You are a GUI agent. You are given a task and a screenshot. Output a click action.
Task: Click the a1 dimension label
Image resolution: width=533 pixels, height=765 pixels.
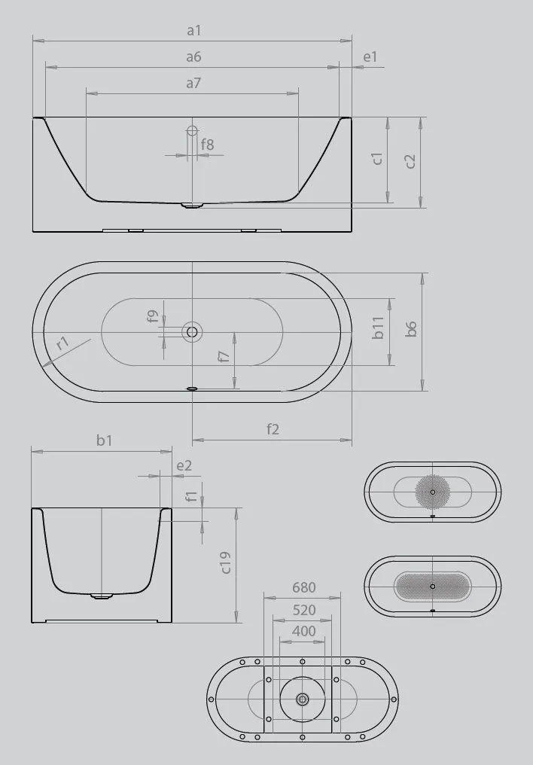193,31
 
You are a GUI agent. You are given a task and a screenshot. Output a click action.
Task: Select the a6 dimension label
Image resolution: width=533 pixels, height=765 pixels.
193,57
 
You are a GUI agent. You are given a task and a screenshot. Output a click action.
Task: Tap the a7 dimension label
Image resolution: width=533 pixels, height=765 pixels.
193,84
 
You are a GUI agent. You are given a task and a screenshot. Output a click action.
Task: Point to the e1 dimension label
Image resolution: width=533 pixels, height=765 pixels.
370,57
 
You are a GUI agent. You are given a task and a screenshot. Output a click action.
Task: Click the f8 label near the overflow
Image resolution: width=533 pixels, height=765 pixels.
206,144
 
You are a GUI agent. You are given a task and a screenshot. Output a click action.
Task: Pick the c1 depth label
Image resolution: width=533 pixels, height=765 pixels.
378,159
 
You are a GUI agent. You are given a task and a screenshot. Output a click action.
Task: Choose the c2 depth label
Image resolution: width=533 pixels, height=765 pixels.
410,161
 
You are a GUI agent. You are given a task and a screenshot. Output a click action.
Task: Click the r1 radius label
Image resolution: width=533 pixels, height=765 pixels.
63,343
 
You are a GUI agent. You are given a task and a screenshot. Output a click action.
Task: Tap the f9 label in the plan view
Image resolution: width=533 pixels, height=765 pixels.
152,318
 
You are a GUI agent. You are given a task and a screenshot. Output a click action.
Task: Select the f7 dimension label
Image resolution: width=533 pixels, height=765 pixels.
224,356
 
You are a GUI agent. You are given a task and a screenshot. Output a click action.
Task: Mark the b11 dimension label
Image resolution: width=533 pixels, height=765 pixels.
379,327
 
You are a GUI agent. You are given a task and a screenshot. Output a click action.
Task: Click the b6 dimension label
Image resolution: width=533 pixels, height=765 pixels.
411,328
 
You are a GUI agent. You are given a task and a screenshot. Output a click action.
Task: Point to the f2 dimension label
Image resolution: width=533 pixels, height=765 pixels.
273,429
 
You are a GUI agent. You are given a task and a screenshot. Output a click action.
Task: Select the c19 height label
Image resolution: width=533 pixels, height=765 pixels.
226,563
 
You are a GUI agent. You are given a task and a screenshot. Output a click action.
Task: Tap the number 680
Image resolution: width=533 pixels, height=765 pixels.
303,587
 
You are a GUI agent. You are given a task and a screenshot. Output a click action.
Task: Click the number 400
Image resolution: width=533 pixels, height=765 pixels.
303,631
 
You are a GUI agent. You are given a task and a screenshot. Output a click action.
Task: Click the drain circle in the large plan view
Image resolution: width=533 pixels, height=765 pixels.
192,331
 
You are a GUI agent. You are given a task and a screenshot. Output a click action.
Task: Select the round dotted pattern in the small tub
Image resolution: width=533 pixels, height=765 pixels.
432,492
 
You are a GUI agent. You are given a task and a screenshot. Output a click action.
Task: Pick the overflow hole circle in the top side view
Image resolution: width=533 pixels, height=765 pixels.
192,131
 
